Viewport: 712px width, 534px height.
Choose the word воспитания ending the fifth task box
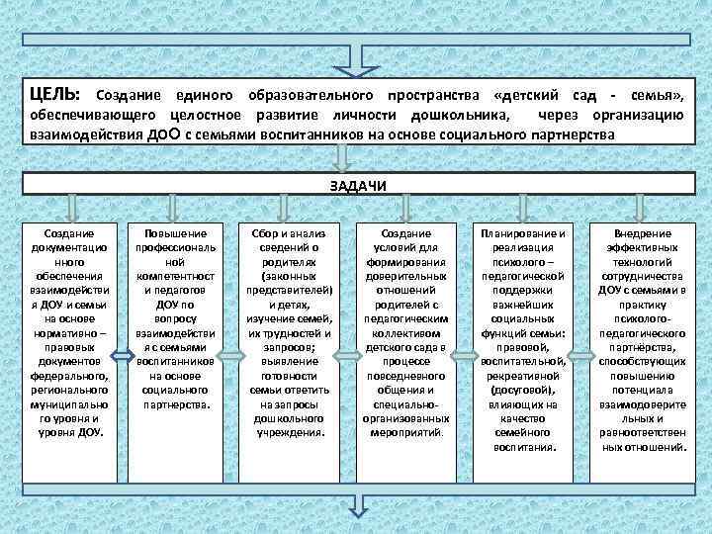click(x=524, y=446)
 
